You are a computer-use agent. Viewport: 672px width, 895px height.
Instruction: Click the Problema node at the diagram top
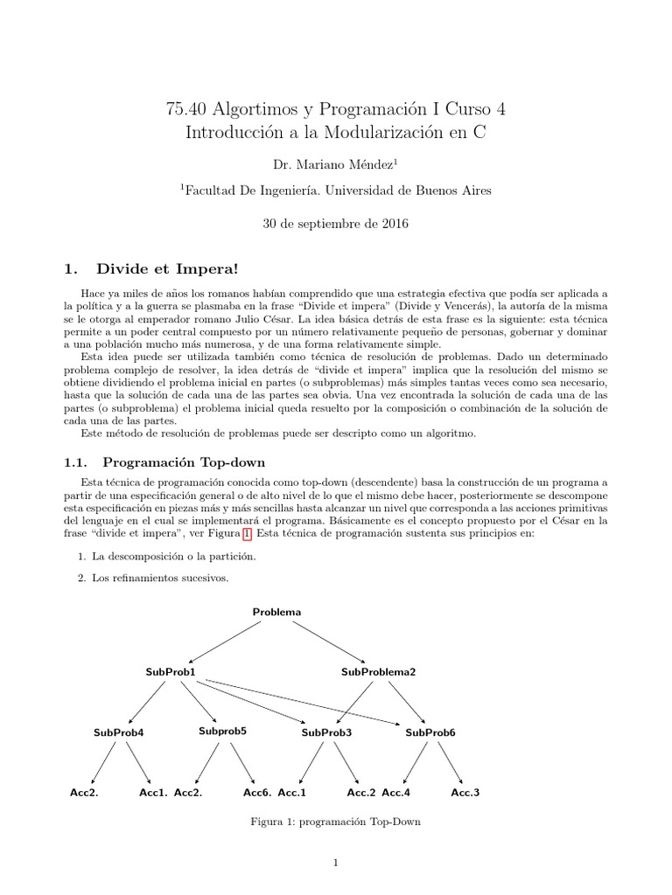coord(276,612)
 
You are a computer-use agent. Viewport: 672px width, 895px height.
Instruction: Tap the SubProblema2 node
coord(378,671)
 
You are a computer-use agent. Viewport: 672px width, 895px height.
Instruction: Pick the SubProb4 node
coord(118,732)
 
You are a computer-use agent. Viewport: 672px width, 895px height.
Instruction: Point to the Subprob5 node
coord(222,730)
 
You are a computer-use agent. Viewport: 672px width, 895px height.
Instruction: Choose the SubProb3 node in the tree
coord(326,732)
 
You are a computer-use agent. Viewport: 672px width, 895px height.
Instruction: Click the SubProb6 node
coord(430,732)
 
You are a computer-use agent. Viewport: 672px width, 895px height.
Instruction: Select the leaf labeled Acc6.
coord(257,793)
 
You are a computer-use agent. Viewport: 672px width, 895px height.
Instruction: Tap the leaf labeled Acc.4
coord(396,793)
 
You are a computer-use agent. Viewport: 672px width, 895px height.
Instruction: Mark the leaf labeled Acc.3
coord(465,793)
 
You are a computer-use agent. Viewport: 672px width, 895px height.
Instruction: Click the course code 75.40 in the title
coord(184,109)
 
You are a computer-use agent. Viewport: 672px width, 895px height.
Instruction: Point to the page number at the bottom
coord(335,864)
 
